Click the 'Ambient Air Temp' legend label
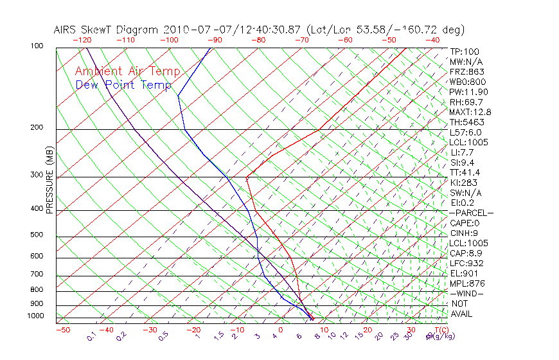tap(127, 71)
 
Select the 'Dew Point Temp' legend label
tap(123, 85)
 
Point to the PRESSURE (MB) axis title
tap(49, 182)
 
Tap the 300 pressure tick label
tap(37, 175)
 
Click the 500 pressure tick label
tap(37, 235)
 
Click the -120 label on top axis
tap(82, 40)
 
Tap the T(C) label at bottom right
tap(439, 330)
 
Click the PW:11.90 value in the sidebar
tap(468, 92)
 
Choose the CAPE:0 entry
tap(465, 223)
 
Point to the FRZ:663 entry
tap(467, 72)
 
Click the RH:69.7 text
tap(466, 102)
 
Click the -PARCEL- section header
tap(471, 213)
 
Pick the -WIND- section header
tap(466, 293)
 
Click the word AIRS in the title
tap(66, 30)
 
